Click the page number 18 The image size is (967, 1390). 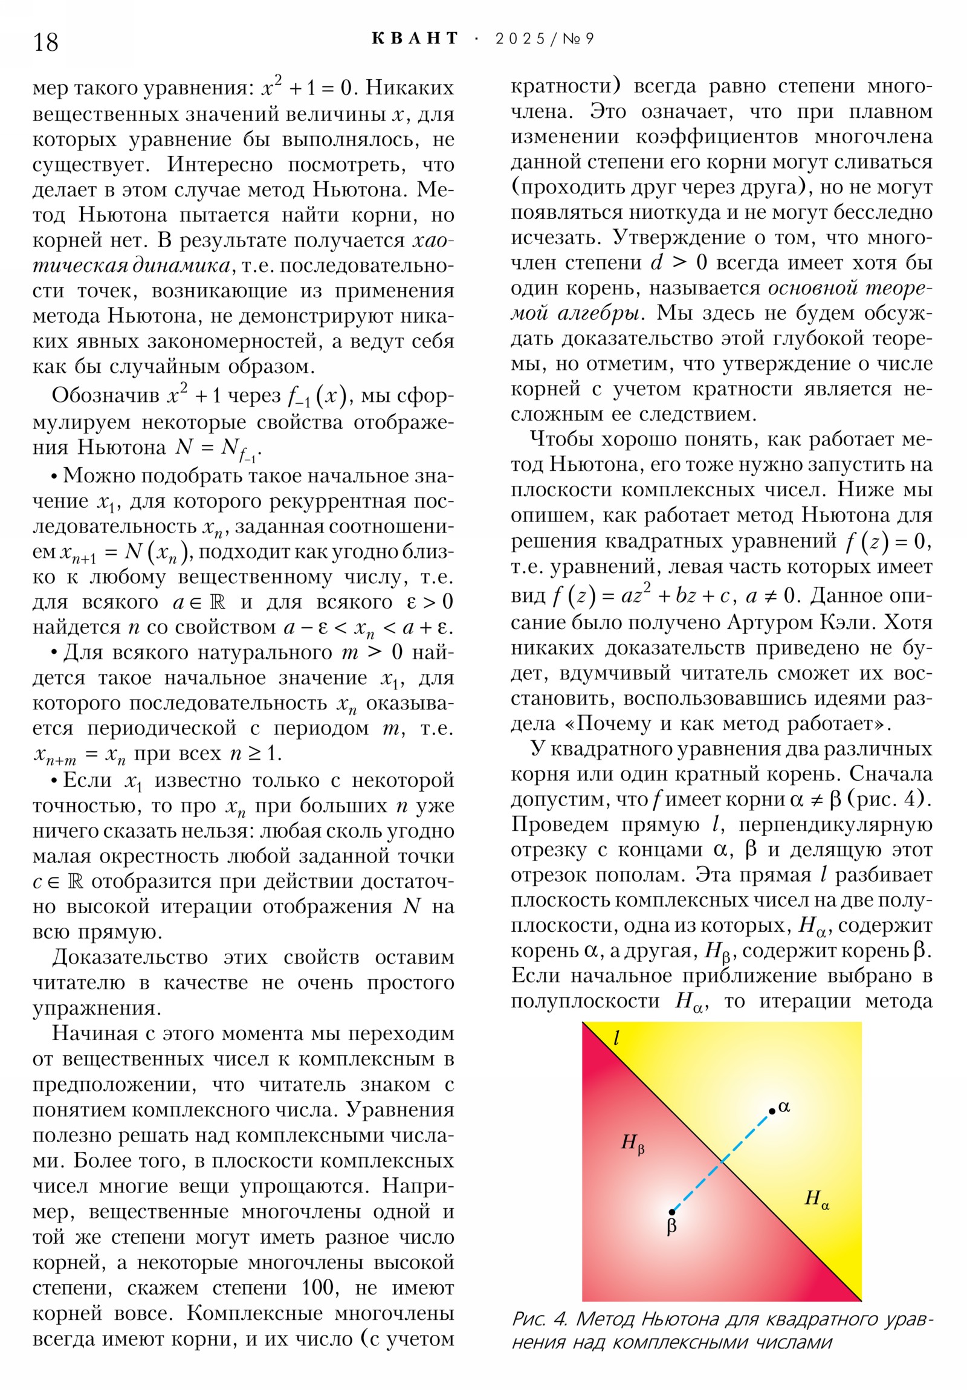(46, 42)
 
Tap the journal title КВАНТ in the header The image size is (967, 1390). (415, 39)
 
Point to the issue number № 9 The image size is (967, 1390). (578, 39)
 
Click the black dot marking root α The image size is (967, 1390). (772, 1111)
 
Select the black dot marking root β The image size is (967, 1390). (671, 1212)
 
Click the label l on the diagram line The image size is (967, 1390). (616, 1038)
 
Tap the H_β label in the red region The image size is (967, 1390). (632, 1143)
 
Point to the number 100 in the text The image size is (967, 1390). (317, 1287)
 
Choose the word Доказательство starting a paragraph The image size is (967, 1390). (129, 958)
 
